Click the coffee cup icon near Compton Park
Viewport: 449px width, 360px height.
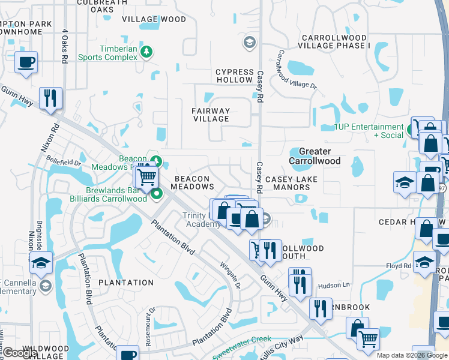26,62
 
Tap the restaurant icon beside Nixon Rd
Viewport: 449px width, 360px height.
50,98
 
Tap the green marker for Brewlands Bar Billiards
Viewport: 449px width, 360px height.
157,193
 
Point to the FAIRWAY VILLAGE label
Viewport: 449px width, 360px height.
211,115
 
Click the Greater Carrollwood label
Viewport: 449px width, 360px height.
315,156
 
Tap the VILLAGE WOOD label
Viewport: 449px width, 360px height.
154,19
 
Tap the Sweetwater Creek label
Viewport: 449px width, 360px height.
242,345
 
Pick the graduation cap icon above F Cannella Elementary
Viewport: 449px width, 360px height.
41,263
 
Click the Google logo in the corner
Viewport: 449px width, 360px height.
20,353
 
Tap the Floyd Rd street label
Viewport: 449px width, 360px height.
399,265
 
